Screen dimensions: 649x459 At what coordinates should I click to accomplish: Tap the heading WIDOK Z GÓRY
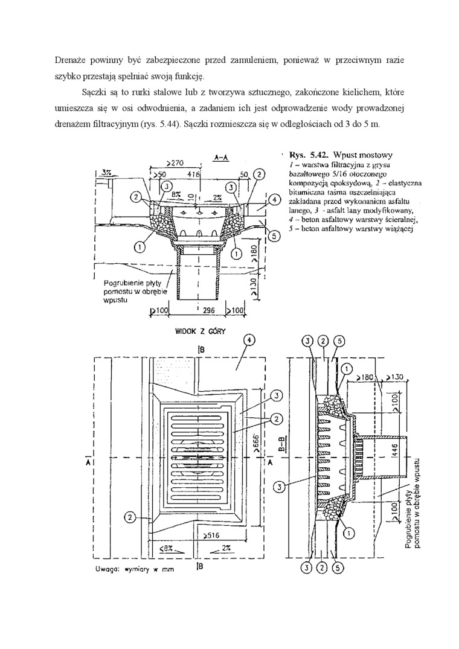200,331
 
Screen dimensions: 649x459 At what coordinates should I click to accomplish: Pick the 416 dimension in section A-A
194,174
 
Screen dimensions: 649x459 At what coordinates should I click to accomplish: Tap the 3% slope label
108,172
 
